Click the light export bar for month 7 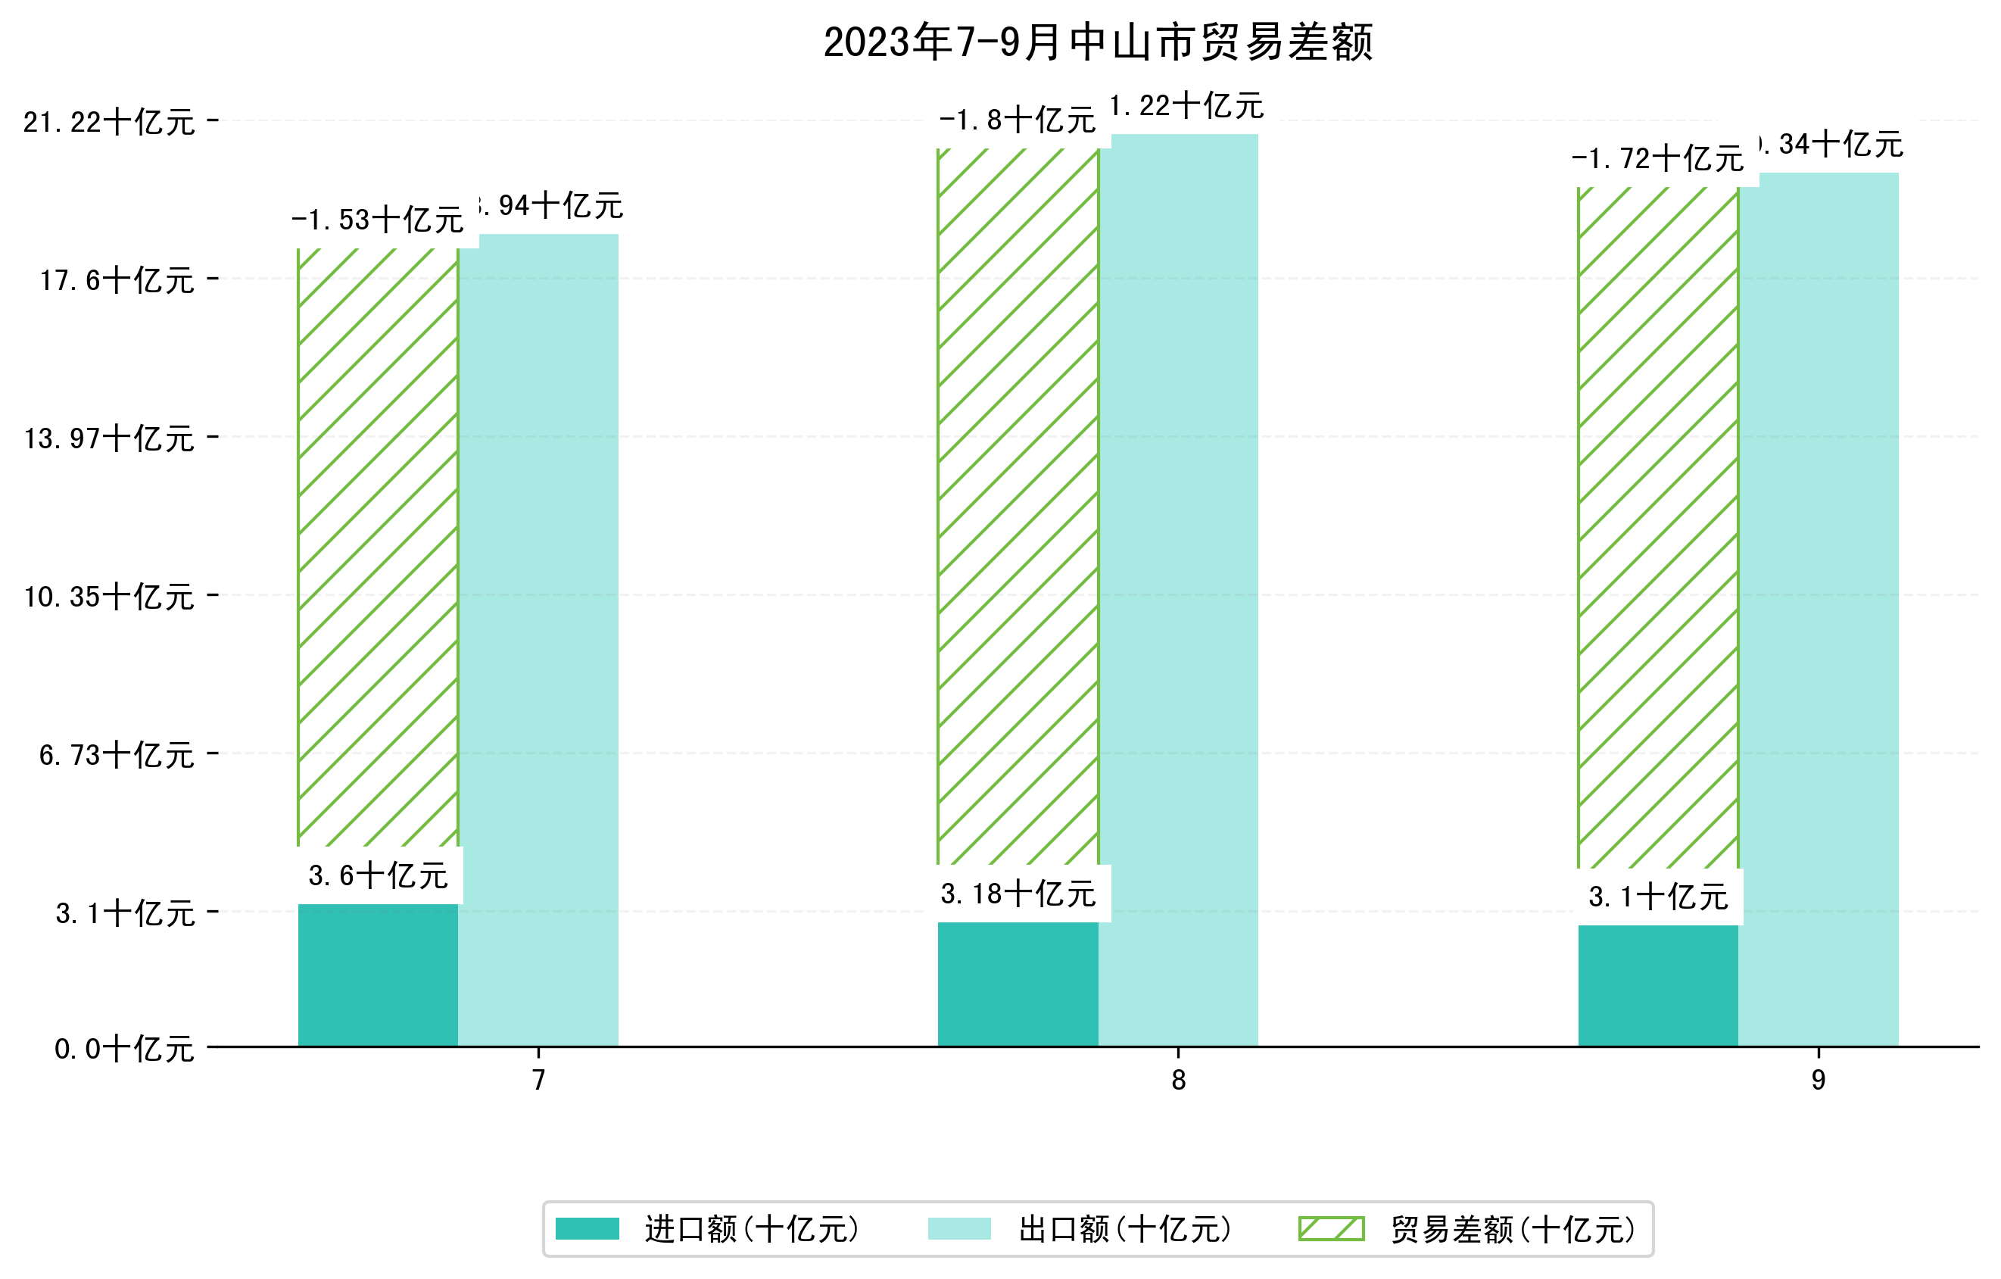(538, 640)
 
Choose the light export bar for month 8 (1178, 590)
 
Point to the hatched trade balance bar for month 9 (1658, 528)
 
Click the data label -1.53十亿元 (377, 220)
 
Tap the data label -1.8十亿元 (1017, 120)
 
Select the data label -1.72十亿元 (1657, 159)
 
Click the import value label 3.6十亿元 (378, 876)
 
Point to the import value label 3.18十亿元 (1018, 894)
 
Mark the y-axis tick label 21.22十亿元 (109, 122)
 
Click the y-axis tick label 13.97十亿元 (109, 438)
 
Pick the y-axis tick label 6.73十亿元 (117, 754)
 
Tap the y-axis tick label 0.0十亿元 (124, 1049)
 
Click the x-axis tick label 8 (1178, 1081)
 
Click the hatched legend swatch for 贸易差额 (1331, 1229)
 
